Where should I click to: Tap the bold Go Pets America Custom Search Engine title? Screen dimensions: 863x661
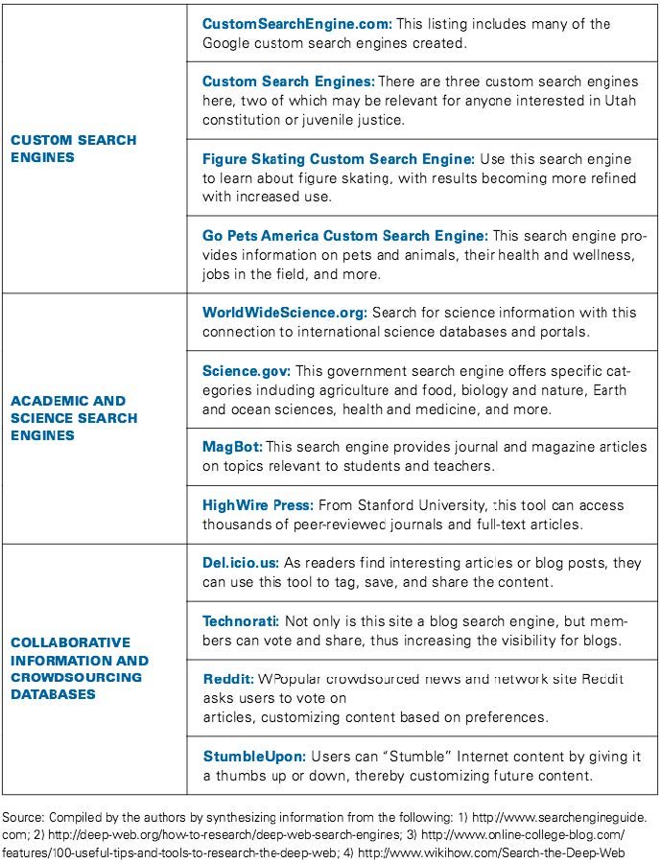click(x=345, y=235)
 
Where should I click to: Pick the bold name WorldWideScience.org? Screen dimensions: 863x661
click(x=285, y=313)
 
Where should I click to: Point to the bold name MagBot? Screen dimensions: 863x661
click(x=231, y=447)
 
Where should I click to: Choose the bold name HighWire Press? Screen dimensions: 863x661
click(x=258, y=504)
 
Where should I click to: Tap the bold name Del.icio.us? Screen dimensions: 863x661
click(x=243, y=563)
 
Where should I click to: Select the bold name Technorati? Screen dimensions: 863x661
click(x=241, y=621)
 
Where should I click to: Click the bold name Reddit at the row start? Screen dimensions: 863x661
click(x=228, y=679)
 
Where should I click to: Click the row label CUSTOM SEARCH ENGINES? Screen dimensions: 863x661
click(x=73, y=149)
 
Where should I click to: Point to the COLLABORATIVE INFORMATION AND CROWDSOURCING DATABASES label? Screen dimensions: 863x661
click(x=79, y=668)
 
